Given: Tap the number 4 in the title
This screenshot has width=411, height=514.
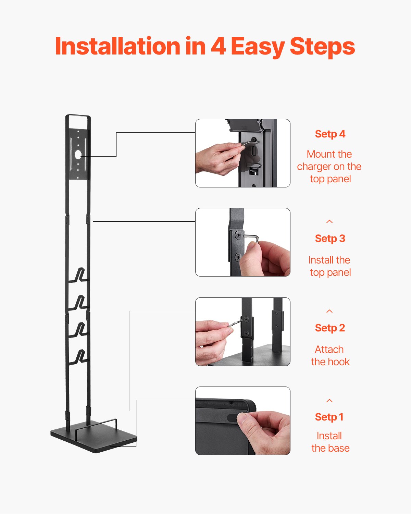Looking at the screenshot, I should [x=218, y=46].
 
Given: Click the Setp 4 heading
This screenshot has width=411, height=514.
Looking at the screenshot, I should [x=330, y=134].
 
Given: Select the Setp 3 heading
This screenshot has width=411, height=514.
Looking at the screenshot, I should [x=330, y=238].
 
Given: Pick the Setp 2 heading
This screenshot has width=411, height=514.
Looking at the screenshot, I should [x=330, y=328].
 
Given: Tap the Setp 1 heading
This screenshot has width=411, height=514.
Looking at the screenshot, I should [x=329, y=417].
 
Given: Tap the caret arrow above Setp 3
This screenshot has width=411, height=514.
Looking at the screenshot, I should [x=329, y=222].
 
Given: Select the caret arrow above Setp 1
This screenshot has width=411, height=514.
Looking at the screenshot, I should [x=329, y=401].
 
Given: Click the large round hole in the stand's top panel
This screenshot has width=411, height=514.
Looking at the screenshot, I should [x=78, y=155].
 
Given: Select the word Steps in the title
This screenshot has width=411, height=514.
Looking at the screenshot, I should [x=322, y=46].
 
